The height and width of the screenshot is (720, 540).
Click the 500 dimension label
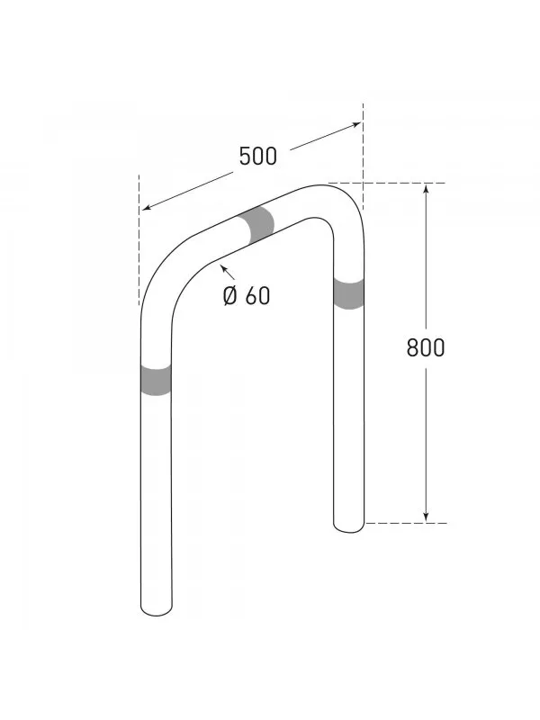pos(257,156)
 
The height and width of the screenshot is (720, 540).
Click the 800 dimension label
pos(425,347)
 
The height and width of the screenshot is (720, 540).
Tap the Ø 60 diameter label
pos(246,294)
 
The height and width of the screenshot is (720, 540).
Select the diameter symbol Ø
pos(230,294)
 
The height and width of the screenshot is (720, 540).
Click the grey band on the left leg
pos(156,380)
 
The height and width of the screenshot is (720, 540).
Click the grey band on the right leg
pos(348,293)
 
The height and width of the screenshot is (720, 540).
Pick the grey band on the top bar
pos(259,224)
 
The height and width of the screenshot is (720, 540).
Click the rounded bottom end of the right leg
pos(349,524)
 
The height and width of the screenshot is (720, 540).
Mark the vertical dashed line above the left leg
pos(140,234)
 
